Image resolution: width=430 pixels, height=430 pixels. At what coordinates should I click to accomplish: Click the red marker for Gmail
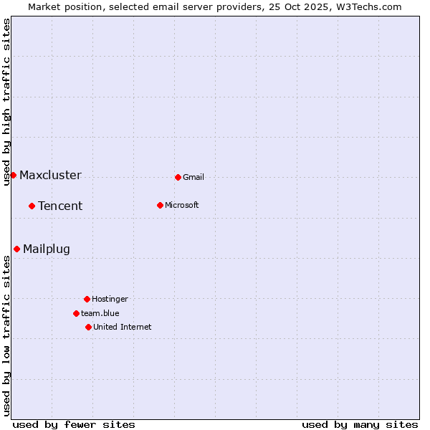coord(178,177)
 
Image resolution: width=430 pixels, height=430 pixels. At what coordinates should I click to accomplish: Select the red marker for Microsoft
coord(160,205)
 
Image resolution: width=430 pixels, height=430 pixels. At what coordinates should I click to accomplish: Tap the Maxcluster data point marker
coord(13,175)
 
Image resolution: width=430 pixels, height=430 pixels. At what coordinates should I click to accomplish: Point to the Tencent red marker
coord(32,206)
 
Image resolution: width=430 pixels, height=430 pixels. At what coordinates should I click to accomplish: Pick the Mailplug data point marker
coord(16,249)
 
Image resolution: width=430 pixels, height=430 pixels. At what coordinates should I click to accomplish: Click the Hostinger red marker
coord(87,299)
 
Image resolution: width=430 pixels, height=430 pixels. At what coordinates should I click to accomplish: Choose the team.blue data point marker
coord(76,313)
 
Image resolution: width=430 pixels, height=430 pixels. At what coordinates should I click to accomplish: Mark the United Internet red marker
coord(88,327)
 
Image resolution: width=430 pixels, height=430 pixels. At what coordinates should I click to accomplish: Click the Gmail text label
coord(193,178)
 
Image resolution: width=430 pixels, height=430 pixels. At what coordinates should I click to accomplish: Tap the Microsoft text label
coord(182,206)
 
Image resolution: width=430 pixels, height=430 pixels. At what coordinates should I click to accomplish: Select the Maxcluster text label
coord(50,176)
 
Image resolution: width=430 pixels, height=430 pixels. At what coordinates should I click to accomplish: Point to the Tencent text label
coord(60,206)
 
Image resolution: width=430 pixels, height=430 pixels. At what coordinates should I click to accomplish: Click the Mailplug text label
coord(47,249)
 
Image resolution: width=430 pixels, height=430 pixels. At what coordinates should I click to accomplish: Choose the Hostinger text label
coord(110,300)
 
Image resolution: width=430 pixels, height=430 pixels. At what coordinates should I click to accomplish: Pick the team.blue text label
coord(100,314)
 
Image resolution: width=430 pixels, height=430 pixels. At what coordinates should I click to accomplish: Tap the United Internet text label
coord(123,328)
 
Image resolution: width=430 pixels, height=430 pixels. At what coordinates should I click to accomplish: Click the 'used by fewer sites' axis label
coord(74,424)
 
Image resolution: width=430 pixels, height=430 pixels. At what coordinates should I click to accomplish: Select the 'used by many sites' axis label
coord(360,424)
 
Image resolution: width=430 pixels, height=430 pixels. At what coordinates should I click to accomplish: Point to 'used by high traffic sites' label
coord(6,102)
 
